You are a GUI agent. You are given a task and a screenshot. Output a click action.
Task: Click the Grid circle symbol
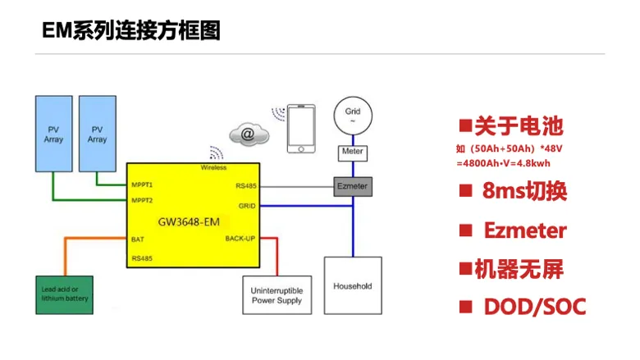[353, 116]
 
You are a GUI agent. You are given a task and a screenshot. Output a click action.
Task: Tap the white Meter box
[353, 153]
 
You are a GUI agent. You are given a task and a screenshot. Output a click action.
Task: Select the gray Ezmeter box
[353, 187]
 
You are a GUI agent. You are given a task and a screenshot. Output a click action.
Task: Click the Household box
[353, 285]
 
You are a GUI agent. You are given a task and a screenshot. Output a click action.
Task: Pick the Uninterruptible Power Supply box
[277, 295]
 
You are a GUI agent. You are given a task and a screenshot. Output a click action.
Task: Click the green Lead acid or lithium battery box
[65, 294]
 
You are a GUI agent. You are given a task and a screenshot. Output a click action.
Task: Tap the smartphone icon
[301, 129]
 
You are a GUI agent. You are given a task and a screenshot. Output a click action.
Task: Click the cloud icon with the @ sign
[249, 134]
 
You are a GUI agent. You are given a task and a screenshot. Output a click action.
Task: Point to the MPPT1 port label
[142, 185]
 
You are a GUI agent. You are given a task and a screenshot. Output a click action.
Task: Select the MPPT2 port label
[142, 200]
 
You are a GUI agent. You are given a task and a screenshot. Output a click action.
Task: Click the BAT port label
[138, 239]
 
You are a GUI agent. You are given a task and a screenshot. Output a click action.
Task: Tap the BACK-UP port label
[240, 239]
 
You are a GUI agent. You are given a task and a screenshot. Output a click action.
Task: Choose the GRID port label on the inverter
[247, 206]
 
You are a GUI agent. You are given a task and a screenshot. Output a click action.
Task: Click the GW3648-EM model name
[189, 221]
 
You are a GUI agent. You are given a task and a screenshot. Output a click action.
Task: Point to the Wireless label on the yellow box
[213, 167]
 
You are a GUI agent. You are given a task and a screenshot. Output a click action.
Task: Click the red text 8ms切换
[524, 190]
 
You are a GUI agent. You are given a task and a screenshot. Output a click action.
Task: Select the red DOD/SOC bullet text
[535, 307]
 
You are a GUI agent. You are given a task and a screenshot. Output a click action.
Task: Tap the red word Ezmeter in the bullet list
[525, 230]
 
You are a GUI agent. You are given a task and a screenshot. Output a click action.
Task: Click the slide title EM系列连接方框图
[131, 30]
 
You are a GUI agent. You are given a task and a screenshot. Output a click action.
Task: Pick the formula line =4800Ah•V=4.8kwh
[503, 163]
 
